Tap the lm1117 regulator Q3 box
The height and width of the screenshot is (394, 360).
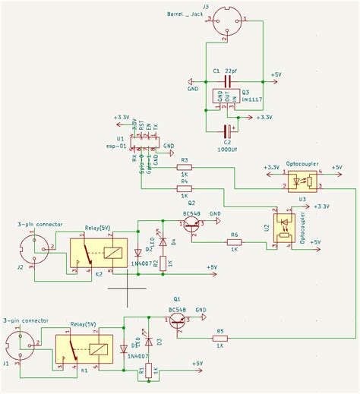pyautogui.click(x=226, y=97)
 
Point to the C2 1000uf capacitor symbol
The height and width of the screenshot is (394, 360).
pyautogui.click(x=226, y=130)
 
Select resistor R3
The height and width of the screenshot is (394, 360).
pyautogui.click(x=184, y=168)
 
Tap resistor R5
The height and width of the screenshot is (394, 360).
pyautogui.click(x=219, y=339)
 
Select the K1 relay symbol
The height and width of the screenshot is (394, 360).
pyautogui.click(x=85, y=350)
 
